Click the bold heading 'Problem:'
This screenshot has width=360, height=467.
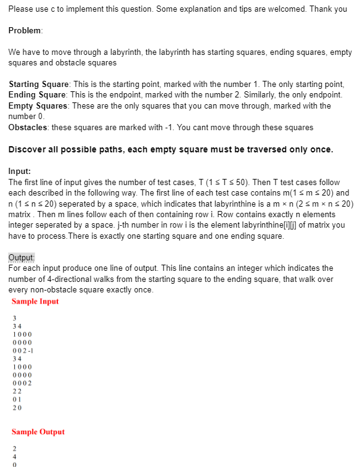pyautogui.click(x=25, y=31)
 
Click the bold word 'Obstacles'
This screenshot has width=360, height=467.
pyautogui.click(x=28, y=127)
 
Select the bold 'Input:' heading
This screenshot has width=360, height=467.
pyautogui.click(x=20, y=171)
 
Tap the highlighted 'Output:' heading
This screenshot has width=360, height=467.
pyautogui.click(x=22, y=257)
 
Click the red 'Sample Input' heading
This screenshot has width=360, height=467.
pyautogui.click(x=35, y=302)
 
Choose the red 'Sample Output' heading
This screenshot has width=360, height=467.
pyautogui.click(x=38, y=432)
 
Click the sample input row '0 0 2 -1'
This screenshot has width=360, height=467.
pyautogui.click(x=23, y=350)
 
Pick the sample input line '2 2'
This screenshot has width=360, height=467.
pyautogui.click(x=17, y=391)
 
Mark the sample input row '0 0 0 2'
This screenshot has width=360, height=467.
pyautogui.click(x=22, y=382)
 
